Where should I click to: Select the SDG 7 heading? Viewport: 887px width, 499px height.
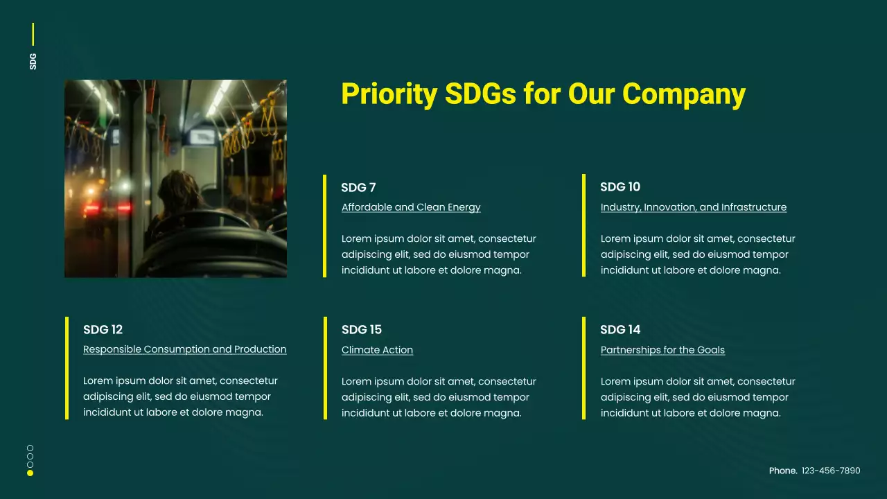[358, 187]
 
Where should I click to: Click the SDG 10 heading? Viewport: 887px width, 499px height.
[620, 187]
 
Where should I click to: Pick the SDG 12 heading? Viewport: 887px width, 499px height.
[103, 329]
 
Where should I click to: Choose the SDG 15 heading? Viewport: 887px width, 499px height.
[362, 329]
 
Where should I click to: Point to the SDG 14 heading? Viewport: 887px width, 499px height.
[620, 329]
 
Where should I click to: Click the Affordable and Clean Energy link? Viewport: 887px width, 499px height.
[411, 207]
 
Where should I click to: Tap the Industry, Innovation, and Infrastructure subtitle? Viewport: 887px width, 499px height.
[693, 207]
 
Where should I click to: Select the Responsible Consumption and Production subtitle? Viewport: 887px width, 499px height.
[184, 349]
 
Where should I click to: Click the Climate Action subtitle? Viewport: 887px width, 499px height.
[377, 350]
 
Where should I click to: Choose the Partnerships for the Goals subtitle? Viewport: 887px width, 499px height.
[662, 350]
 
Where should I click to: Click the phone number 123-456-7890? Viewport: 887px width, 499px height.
[831, 471]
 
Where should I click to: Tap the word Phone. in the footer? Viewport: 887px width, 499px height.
[783, 471]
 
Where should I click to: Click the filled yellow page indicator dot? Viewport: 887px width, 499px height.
[30, 473]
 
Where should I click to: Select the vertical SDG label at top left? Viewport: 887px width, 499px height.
[33, 61]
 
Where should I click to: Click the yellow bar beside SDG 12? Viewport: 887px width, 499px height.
[67, 368]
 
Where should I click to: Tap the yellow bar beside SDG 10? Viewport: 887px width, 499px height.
[584, 225]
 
